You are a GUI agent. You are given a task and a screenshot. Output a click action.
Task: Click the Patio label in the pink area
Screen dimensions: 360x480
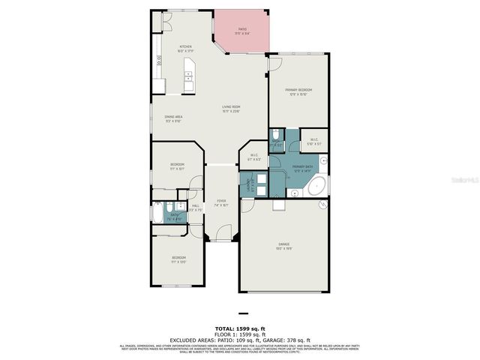click(242, 30)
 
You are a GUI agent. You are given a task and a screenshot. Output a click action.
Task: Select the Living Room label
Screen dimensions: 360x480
click(230, 108)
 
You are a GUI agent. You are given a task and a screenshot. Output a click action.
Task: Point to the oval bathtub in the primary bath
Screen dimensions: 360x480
click(317, 185)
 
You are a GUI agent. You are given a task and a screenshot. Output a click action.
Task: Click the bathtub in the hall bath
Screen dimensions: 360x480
click(156, 214)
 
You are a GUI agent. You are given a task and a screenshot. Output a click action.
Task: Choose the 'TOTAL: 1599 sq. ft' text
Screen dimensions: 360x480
click(239, 329)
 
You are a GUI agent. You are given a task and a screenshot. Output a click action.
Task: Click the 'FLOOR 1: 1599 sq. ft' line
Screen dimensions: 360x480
click(239, 334)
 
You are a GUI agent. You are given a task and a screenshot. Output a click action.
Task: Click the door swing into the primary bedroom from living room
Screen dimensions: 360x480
click(274, 64)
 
